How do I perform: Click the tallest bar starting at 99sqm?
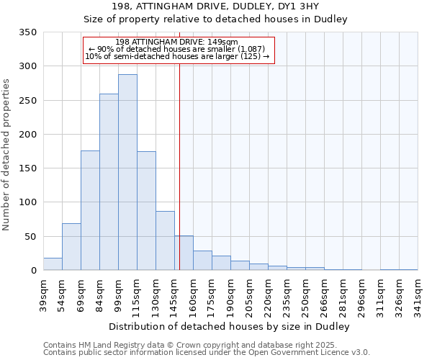pos(127,173)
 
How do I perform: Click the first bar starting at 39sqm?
pos(53,264)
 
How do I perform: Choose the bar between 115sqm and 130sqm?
pos(146,211)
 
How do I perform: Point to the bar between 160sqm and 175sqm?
pos(202,261)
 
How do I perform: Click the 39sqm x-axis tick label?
pos(43,293)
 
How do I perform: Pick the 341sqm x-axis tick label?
pos(418,295)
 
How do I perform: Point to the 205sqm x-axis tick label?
pos(249,295)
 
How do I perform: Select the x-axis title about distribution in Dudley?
pos(230,326)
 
